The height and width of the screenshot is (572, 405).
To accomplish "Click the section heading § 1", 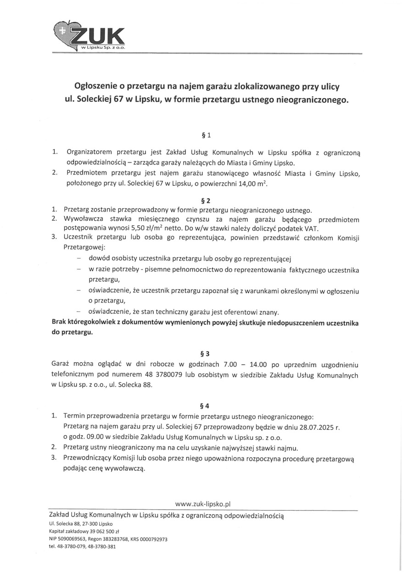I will [x=206, y=136].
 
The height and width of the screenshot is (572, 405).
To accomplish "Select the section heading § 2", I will [x=206, y=200].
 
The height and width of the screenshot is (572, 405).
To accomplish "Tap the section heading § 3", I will [x=206, y=354].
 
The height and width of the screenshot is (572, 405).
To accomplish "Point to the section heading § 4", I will [x=206, y=405].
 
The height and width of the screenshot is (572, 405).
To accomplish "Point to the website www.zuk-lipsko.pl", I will [x=202, y=504].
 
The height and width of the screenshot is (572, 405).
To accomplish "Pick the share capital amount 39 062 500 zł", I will [x=99, y=531].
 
